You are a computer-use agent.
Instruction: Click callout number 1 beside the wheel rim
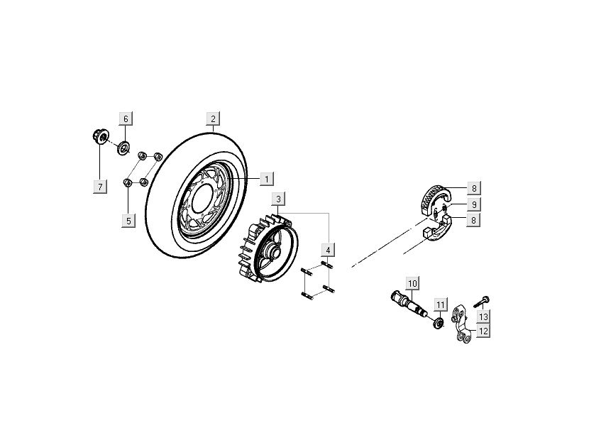[265, 179]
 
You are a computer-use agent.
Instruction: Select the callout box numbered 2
[212, 119]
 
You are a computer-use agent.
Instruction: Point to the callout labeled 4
[327, 250]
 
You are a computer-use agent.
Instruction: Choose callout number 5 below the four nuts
[128, 221]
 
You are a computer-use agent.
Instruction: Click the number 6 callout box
[126, 119]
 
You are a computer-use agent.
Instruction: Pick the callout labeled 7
[100, 187]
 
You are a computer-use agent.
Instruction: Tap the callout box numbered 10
[412, 283]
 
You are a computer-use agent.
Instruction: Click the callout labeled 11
[440, 306]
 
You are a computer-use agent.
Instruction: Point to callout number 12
[483, 331]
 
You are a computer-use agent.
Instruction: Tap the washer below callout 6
[122, 148]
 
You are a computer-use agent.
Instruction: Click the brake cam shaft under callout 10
[407, 302]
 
